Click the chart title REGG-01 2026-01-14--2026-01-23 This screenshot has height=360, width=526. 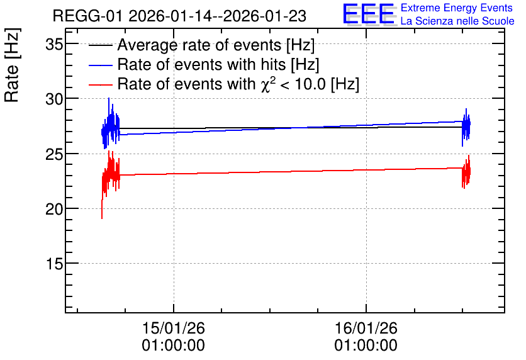179,16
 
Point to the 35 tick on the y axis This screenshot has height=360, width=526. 54,44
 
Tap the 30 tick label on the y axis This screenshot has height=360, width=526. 54,99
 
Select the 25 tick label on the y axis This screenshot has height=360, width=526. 54,154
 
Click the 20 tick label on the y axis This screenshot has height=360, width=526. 54,209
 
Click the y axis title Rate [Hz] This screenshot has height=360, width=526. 13,65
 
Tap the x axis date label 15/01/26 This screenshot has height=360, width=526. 174,328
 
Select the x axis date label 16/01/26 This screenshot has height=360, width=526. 366,328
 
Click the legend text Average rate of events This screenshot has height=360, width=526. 199,45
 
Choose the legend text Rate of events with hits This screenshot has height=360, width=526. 201,64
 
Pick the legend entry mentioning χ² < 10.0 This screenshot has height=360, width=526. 238,83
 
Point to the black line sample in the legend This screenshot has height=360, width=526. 100,45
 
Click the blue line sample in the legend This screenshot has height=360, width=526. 100,65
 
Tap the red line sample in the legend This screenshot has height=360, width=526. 100,84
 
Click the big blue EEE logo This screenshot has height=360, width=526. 369,14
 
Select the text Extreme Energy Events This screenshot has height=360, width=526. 457,8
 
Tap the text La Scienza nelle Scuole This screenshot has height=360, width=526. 457,21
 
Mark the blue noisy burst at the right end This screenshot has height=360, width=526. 466,127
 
